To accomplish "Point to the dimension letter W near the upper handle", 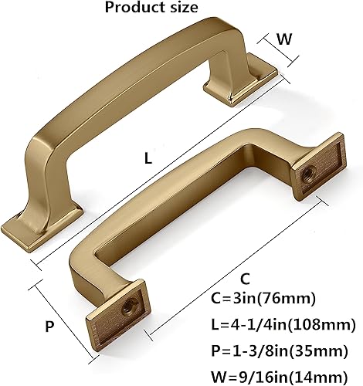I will coord(284,39).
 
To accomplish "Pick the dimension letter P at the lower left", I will coord(49,326).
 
